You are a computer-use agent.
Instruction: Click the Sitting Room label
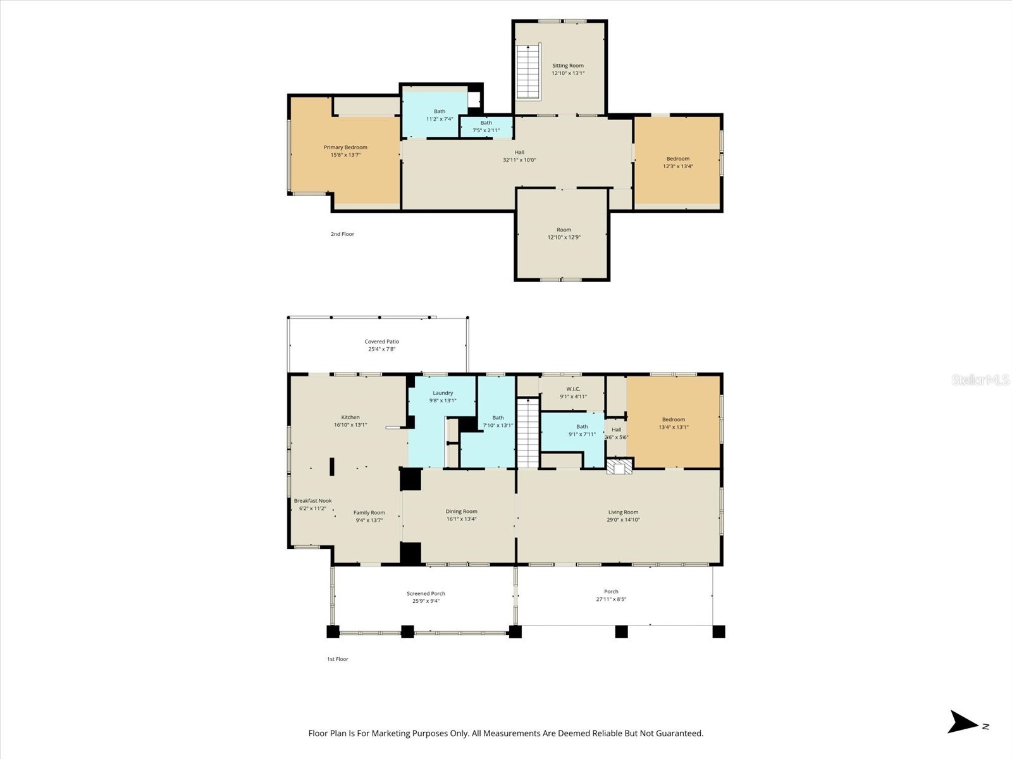567,66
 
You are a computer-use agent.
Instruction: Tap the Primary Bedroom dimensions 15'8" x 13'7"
345,155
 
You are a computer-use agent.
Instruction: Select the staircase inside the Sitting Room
528,71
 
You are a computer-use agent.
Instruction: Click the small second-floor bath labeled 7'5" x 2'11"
486,127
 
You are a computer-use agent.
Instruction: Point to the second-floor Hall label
519,152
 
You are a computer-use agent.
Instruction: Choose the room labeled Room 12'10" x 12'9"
564,233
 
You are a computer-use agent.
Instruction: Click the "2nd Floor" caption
342,234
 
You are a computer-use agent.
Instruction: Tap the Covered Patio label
382,342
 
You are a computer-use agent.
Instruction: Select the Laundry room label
443,393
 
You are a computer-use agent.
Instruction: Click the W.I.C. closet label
573,389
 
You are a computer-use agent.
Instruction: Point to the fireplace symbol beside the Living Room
619,467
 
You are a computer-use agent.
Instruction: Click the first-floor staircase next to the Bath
528,433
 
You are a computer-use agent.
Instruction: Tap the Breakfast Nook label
312,500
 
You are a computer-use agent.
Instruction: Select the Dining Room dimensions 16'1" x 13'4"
461,519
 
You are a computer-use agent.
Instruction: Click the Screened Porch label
426,593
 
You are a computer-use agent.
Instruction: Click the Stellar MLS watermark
980,379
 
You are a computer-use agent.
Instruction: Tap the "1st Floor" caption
337,659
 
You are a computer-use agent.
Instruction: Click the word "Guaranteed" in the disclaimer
680,734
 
